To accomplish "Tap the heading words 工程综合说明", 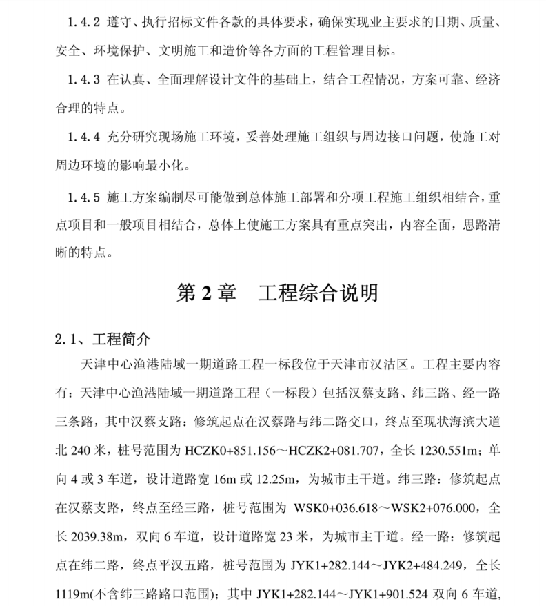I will coord(318,293).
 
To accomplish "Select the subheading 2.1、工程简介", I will coord(101,340).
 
